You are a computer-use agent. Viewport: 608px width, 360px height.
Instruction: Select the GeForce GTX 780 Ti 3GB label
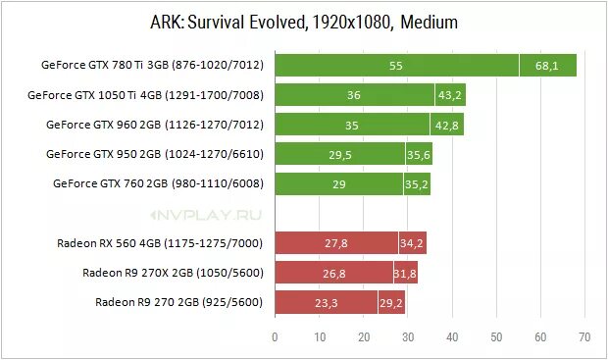pyautogui.click(x=152, y=66)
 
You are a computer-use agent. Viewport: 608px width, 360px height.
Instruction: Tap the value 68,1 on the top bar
pyautogui.click(x=547, y=66)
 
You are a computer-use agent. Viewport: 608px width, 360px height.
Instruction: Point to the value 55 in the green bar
pyautogui.click(x=396, y=66)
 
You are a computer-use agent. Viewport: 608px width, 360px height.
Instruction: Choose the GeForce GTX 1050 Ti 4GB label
pyautogui.click(x=146, y=95)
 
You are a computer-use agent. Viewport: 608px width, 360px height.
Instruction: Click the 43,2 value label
pyautogui.click(x=450, y=95)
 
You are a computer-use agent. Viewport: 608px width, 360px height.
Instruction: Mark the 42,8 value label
pyautogui.click(x=447, y=125)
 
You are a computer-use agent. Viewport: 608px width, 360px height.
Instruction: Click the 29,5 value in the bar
pyautogui.click(x=339, y=154)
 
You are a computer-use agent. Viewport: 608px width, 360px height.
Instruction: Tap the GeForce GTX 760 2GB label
pyautogui.click(x=158, y=183)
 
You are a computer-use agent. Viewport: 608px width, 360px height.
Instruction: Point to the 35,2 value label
pyautogui.click(x=417, y=183)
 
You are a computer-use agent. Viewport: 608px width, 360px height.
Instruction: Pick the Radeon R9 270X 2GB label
pyautogui.click(x=173, y=273)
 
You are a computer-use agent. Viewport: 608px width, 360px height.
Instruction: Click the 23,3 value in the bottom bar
pyautogui.click(x=326, y=302)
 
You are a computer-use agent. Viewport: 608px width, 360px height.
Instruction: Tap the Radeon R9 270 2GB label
pyautogui.click(x=178, y=302)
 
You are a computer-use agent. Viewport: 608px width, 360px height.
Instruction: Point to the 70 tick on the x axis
pyautogui.click(x=584, y=338)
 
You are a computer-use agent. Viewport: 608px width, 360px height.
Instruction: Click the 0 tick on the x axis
pyautogui.click(x=275, y=338)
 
